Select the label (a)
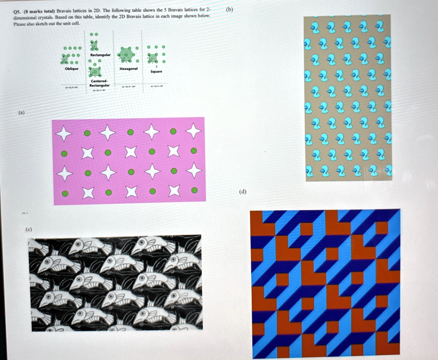21,113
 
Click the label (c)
29,230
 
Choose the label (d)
243,192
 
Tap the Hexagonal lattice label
128,68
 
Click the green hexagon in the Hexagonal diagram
126,54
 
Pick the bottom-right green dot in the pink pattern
195,190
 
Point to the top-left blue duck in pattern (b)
315,28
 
